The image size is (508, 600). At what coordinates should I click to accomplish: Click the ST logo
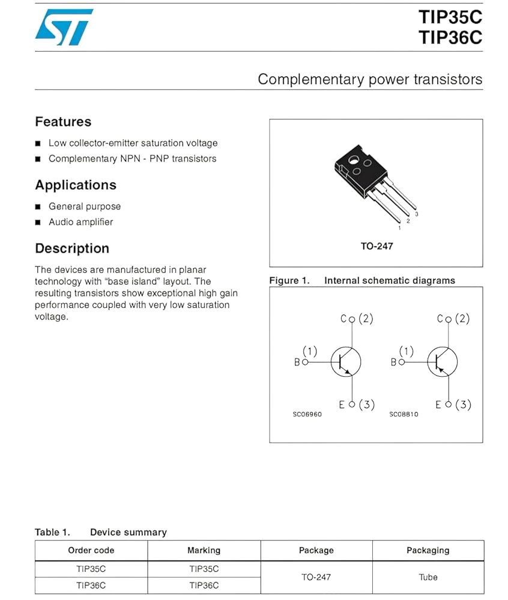pos(64,27)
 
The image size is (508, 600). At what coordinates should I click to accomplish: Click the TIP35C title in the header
pos(450,17)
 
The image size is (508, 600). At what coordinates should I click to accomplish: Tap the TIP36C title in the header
pos(450,38)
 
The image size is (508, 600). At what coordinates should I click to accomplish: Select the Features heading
pos(63,122)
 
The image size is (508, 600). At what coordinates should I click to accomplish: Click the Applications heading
pos(76,185)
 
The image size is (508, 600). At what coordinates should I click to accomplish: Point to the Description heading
pos(72,248)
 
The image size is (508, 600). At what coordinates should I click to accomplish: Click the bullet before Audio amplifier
pos(38,223)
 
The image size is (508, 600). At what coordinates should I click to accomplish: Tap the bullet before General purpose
pos(38,207)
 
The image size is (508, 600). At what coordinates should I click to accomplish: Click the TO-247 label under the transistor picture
pos(376,246)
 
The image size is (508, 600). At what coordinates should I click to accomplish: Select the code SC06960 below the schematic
pos(307,415)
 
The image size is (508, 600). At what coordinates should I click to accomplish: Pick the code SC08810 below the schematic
pos(404,415)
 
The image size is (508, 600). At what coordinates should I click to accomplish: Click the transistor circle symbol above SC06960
pos(346,362)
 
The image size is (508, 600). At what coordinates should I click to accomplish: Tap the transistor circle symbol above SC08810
pos(443,362)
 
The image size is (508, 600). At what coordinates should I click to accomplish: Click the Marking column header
pos(204,550)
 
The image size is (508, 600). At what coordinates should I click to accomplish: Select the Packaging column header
pos(428,550)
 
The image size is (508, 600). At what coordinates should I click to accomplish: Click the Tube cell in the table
pos(428,577)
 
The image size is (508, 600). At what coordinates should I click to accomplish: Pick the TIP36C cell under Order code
pos(91,586)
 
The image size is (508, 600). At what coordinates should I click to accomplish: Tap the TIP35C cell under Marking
pos(204,569)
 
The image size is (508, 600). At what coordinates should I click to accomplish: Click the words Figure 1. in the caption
pos(289,281)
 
